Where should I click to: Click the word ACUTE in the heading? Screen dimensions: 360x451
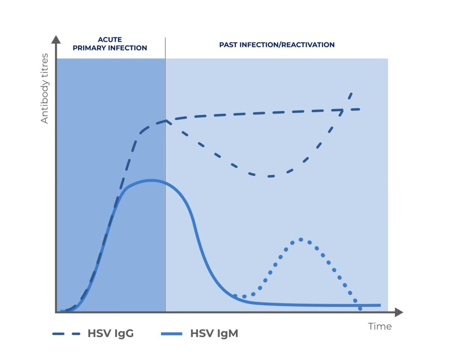coord(110,40)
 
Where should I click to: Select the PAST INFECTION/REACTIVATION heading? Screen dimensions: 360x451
coord(277,45)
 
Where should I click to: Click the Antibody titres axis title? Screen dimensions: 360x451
coord(44,88)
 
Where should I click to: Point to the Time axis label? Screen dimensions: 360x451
coord(380,327)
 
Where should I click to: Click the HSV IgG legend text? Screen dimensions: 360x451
coord(111,334)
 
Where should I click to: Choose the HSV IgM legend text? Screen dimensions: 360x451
coord(214,334)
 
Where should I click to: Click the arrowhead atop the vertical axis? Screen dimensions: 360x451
coord(56,40)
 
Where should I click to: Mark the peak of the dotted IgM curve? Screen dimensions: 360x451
coord(301,239)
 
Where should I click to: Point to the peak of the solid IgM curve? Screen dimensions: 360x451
coord(151,180)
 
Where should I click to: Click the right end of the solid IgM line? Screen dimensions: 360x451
coord(380,305)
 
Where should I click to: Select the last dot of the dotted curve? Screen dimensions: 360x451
coord(360,308)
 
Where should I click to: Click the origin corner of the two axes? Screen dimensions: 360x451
coord(56,312)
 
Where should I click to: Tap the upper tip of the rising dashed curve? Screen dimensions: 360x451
coord(351,93)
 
